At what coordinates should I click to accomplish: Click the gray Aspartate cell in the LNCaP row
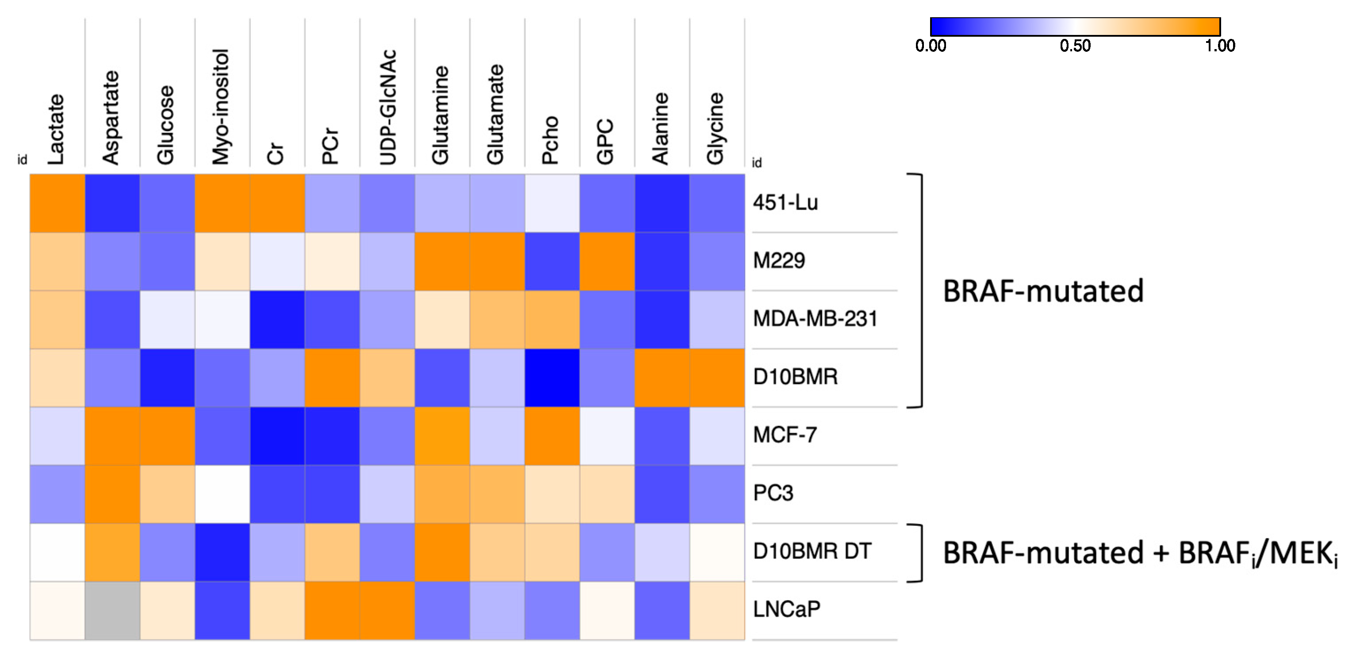pyautogui.click(x=112, y=611)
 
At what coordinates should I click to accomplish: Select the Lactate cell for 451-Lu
pyautogui.click(x=57, y=203)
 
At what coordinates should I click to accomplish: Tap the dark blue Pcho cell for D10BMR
pyautogui.click(x=552, y=377)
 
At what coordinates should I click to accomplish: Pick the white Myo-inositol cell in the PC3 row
pyautogui.click(x=222, y=494)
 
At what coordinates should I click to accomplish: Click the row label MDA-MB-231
pyautogui.click(x=815, y=319)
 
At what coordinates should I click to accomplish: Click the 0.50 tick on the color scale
pyautogui.click(x=1075, y=46)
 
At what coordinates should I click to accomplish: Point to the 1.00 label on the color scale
pyautogui.click(x=1220, y=46)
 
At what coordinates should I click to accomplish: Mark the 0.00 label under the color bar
pyautogui.click(x=930, y=46)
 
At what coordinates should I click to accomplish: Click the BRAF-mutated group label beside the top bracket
pyautogui.click(x=1043, y=291)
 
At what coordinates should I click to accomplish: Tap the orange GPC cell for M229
pyautogui.click(x=607, y=261)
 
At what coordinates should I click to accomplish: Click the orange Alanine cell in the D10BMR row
pyautogui.click(x=662, y=377)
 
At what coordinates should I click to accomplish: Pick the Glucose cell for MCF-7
pyautogui.click(x=167, y=435)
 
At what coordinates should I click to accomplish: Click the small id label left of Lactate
pyautogui.click(x=22, y=160)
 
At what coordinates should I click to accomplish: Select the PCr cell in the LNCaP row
pyautogui.click(x=332, y=611)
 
